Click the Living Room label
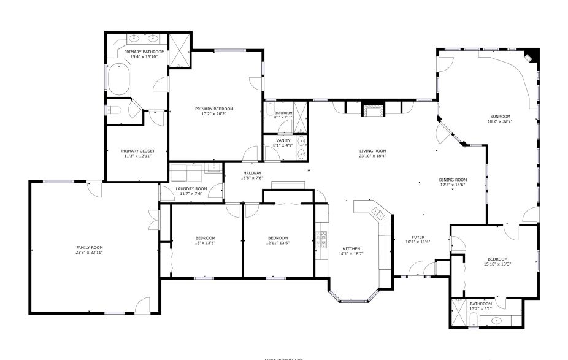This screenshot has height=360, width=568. tap(372, 151)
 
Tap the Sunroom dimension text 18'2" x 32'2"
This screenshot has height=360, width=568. tap(499, 121)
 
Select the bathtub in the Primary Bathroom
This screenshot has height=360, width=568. tap(118, 80)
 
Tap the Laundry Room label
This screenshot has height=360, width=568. tap(191, 188)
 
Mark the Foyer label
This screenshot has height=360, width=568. tap(418, 237)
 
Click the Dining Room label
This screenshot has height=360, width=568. tap(453, 180)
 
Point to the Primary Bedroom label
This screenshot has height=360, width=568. tap(214, 109)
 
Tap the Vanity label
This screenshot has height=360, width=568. tap(283, 140)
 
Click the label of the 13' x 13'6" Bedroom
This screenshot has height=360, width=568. tap(205, 238)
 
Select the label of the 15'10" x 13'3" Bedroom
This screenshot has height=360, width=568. tap(497, 259)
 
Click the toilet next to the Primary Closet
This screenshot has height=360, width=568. tap(116, 110)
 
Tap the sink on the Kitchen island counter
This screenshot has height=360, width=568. tap(378, 214)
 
